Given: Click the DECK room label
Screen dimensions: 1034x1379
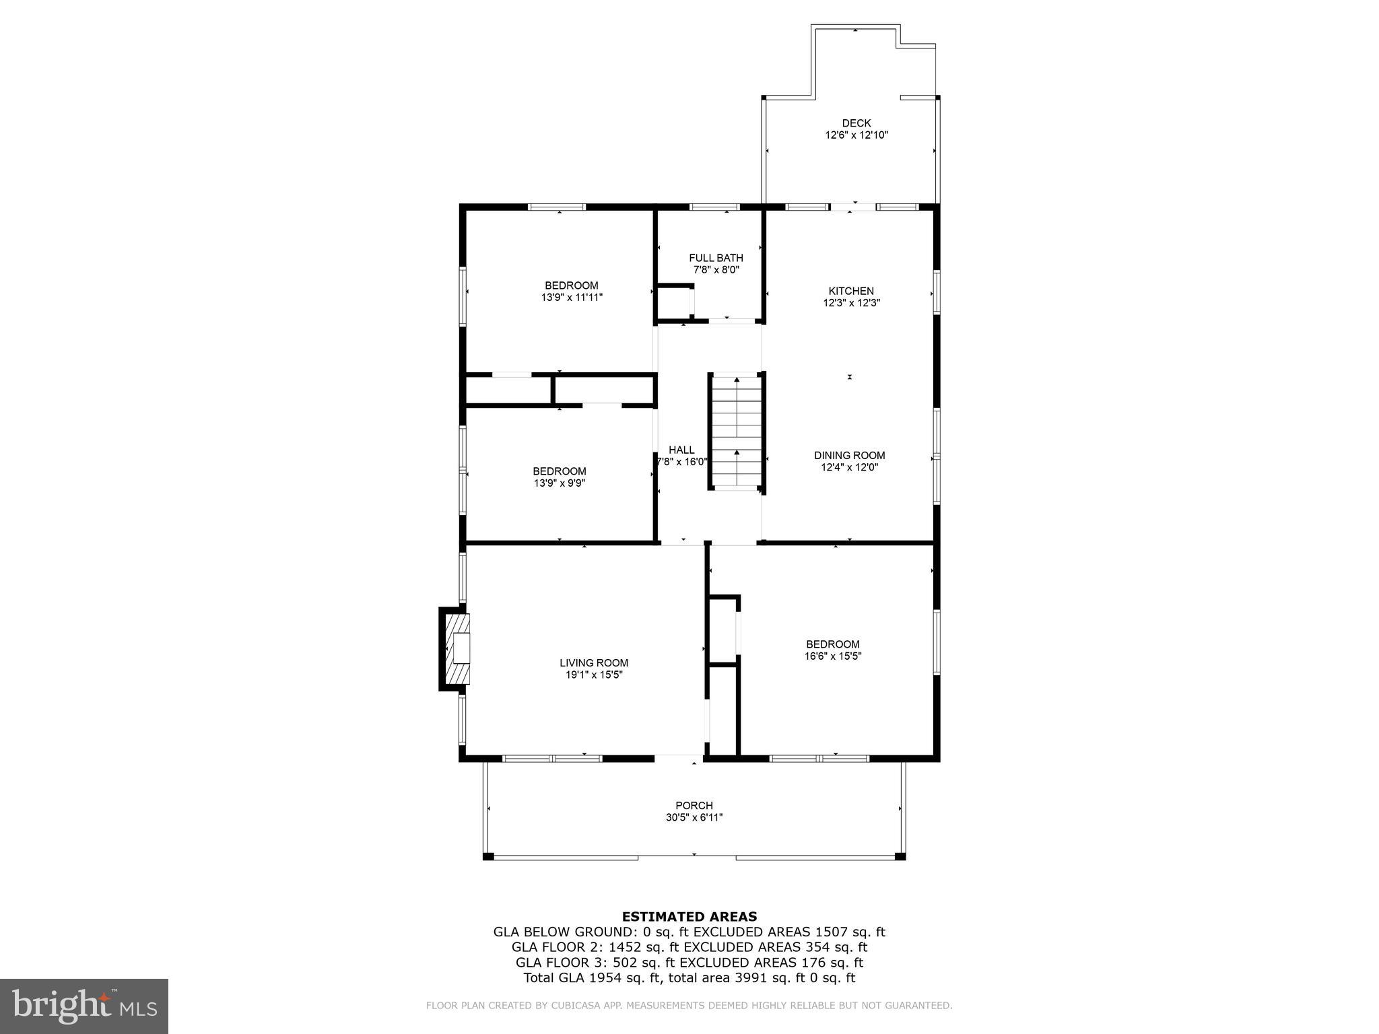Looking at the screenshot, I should (856, 123).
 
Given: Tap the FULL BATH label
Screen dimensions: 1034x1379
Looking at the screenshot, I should (716, 258).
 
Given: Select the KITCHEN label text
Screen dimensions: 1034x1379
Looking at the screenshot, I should (851, 291).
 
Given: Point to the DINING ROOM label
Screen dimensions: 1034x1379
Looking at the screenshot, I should (849, 455).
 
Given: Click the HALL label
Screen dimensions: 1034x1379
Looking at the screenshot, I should (681, 450).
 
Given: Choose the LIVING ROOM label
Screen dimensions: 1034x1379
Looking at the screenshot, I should (594, 662).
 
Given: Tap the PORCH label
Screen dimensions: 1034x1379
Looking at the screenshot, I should (694, 805).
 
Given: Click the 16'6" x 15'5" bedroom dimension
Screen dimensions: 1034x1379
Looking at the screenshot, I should (833, 656).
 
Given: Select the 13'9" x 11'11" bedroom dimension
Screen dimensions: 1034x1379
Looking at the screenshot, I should (572, 297).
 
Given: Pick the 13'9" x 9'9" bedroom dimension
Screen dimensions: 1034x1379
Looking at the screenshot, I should (560, 483).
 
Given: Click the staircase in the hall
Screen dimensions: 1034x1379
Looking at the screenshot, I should (737, 431).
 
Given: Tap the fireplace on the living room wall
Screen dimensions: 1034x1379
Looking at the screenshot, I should (455, 649).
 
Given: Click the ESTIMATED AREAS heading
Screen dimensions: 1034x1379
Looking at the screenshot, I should (689, 916).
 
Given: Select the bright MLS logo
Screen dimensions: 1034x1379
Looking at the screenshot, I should (84, 1006).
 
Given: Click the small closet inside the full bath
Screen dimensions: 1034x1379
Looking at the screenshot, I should (675, 303).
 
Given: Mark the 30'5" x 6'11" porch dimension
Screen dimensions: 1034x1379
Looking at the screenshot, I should (694, 817).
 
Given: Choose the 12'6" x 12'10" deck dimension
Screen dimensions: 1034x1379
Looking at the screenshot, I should (856, 135).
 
